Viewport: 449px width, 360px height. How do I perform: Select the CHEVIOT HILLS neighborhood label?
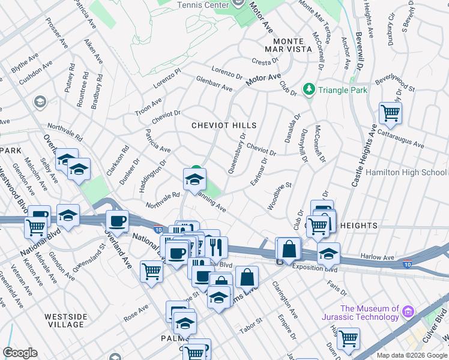pyautogui.click(x=224, y=125)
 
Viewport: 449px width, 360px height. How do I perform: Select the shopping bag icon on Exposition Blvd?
pyautogui.click(x=289, y=247)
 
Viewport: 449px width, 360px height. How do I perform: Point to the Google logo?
pyautogui.click(x=20, y=353)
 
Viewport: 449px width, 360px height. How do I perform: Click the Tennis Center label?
pyautogui.click(x=202, y=4)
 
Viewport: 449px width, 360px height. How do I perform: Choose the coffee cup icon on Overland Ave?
pyautogui.click(x=118, y=221)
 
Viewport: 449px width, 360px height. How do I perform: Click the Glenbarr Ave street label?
pyautogui.click(x=214, y=84)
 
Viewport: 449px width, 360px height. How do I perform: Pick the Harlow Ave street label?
pyautogui.click(x=378, y=257)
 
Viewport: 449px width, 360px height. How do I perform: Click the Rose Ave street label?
pyautogui.click(x=136, y=312)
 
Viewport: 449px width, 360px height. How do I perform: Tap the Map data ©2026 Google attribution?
pyautogui.click(x=412, y=355)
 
